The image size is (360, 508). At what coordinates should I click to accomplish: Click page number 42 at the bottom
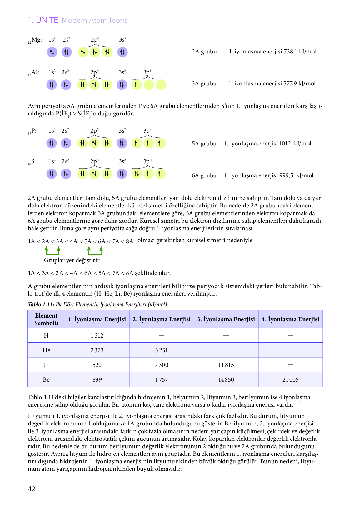[32, 489]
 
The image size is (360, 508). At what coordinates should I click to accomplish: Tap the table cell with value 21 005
[290, 379]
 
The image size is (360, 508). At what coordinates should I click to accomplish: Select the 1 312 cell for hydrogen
[97, 335]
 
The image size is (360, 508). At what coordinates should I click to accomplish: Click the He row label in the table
[46, 350]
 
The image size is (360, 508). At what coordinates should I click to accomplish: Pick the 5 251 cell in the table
[161, 350]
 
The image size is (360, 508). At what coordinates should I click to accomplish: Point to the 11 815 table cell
[226, 365]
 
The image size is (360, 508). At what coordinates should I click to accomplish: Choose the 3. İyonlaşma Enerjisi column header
[226, 319]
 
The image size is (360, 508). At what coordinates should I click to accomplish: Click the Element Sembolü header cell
[46, 319]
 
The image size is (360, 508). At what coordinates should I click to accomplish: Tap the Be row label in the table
[46, 379]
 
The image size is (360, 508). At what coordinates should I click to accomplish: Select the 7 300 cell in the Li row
[161, 365]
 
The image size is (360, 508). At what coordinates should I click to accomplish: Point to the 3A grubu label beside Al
[204, 84]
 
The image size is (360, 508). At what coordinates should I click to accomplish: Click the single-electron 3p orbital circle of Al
[137, 85]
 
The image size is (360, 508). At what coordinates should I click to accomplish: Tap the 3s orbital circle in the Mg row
[122, 52]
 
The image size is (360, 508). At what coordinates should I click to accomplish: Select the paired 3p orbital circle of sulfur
[137, 174]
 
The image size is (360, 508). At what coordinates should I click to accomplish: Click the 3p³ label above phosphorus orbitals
[147, 131]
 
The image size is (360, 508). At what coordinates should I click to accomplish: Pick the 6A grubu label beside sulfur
[204, 175]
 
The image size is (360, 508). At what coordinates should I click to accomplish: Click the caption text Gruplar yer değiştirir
[72, 260]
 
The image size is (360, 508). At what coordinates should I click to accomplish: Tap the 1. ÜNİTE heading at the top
[43, 20]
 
